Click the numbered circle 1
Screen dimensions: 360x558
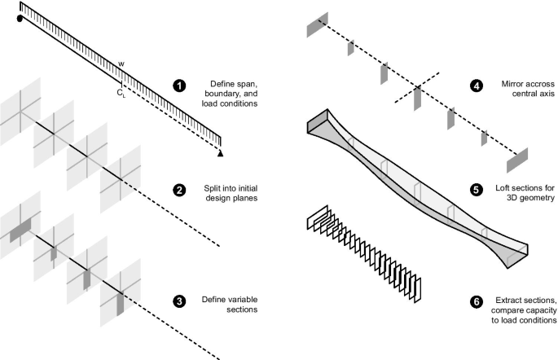(x=178, y=85)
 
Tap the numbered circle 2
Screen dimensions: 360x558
(x=178, y=191)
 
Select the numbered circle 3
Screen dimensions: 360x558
(x=178, y=301)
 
